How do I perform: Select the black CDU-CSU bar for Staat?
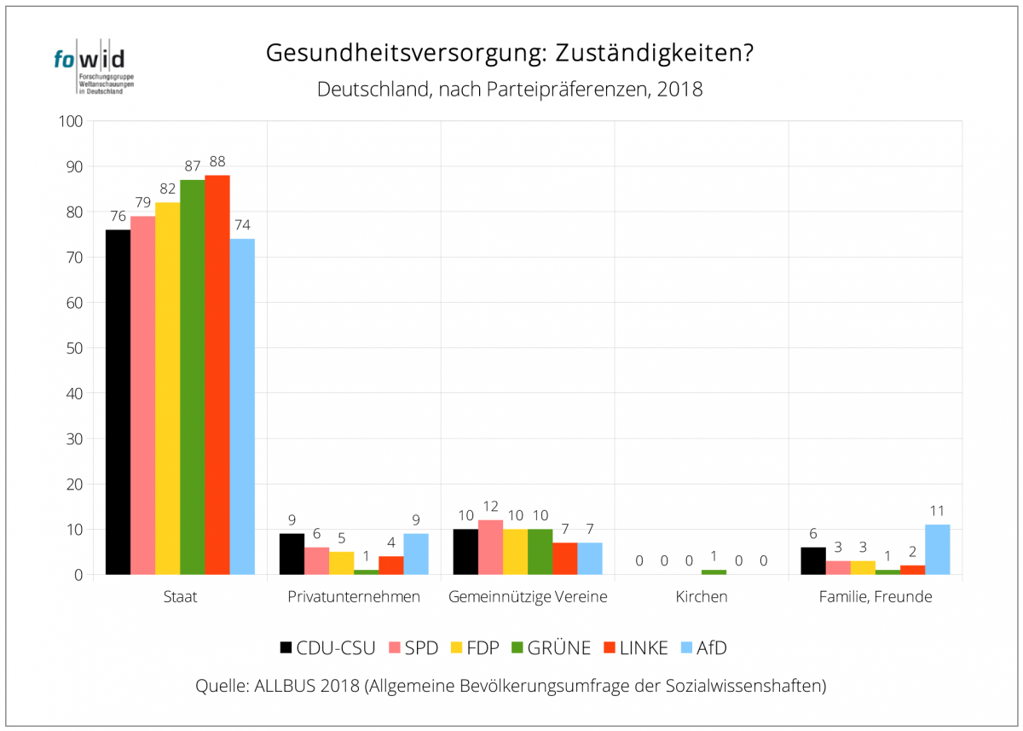click(118, 401)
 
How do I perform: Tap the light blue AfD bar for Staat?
click(242, 406)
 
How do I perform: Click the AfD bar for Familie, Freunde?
click(937, 549)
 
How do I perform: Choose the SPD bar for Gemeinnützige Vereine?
click(490, 547)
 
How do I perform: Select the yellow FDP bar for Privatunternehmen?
click(341, 563)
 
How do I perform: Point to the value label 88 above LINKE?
click(217, 161)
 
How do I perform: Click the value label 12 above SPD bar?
click(490, 507)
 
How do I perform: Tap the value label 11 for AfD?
click(937, 511)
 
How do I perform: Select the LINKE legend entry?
click(634, 647)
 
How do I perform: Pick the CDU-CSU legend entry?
click(327, 647)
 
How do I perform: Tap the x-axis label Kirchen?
click(702, 596)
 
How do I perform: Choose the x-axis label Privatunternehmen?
click(354, 596)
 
